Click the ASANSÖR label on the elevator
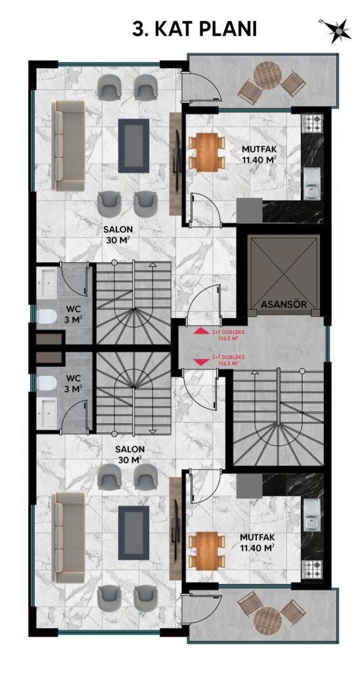click(x=283, y=304)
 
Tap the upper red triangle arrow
click(x=198, y=331)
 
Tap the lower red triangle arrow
click(x=198, y=363)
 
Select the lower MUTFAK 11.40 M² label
click(x=257, y=542)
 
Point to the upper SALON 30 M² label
click(x=118, y=234)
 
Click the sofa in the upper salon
click(x=68, y=145)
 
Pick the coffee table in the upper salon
click(x=133, y=145)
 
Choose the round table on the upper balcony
click(x=267, y=76)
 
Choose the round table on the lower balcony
click(x=267, y=620)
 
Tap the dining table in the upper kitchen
click(x=207, y=151)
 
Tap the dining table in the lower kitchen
click(x=207, y=550)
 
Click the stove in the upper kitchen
click(x=312, y=124)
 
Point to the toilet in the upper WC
click(x=47, y=317)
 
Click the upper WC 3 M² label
click(x=74, y=313)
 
